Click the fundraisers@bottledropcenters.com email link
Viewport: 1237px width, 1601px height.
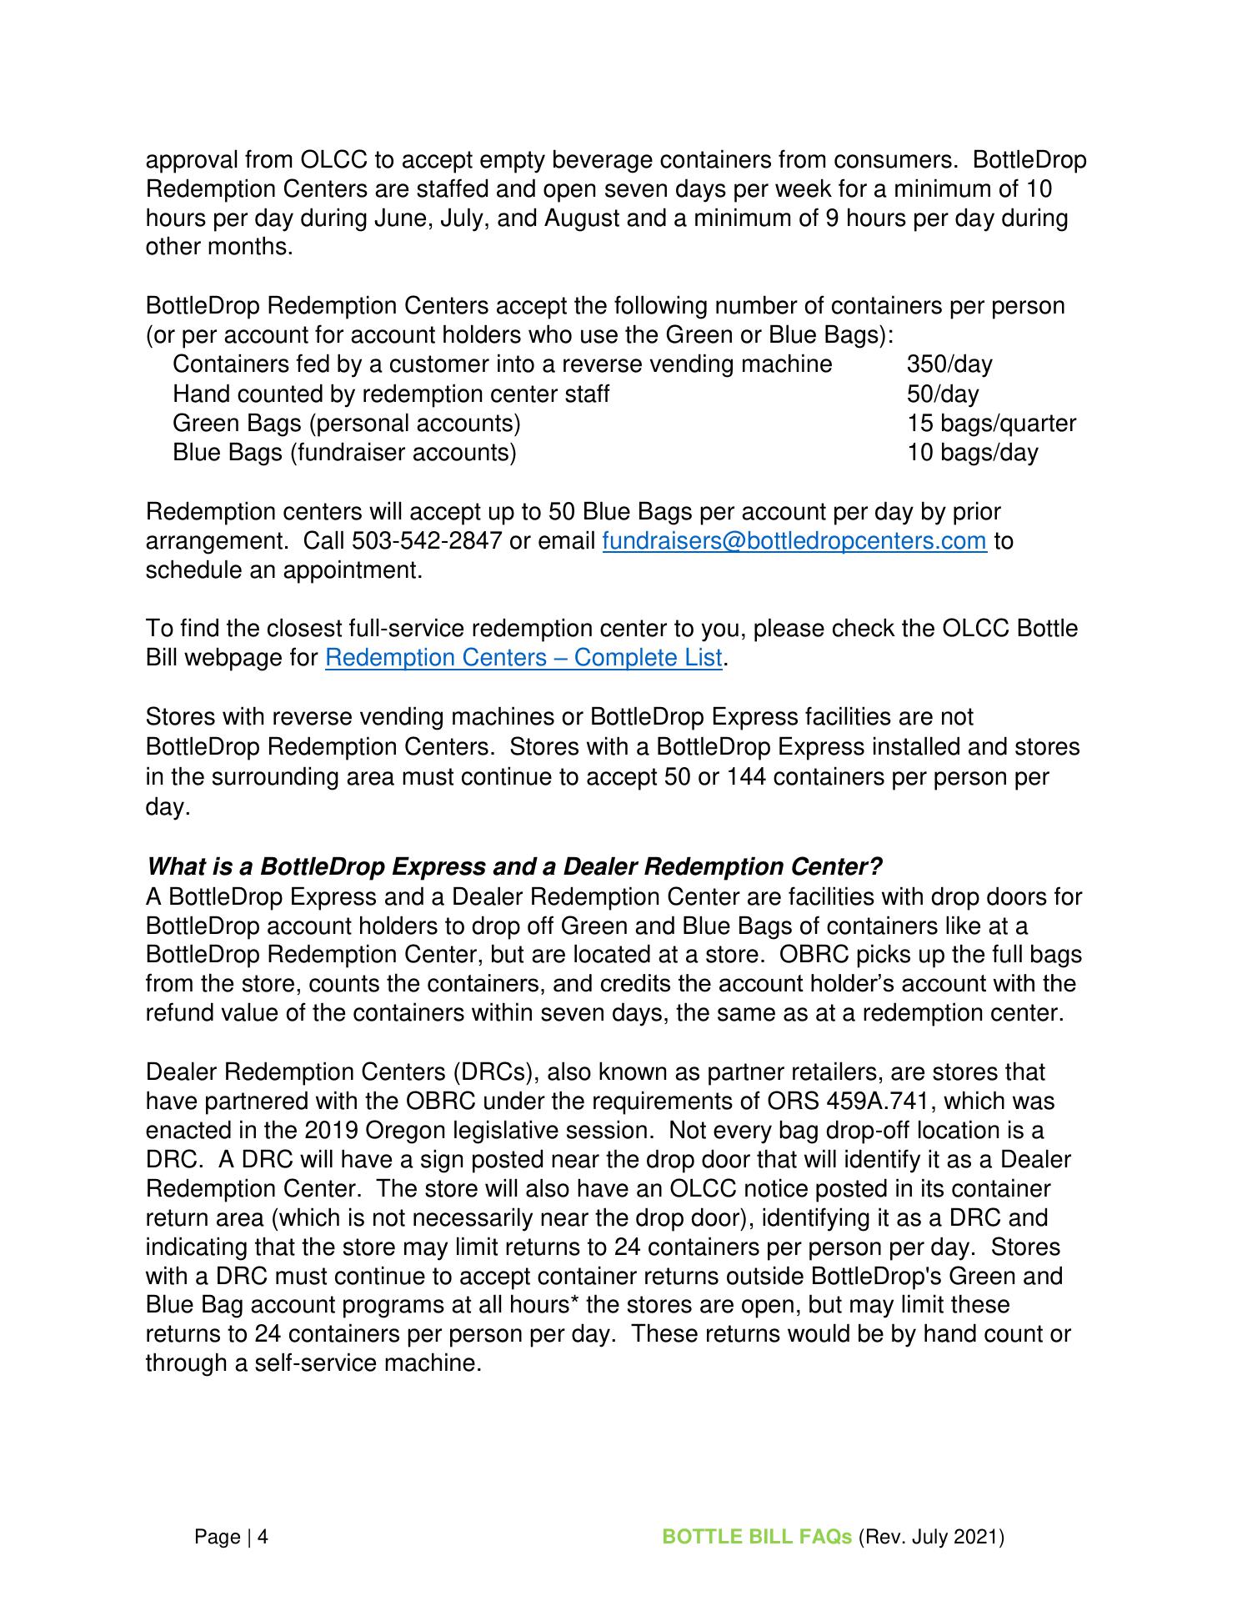[794, 541]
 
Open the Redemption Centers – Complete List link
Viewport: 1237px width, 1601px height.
[523, 658]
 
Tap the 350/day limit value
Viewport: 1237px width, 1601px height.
[949, 364]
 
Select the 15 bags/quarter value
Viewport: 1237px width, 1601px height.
[991, 424]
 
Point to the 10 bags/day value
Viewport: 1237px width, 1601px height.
[972, 453]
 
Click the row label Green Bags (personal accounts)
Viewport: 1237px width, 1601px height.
[346, 424]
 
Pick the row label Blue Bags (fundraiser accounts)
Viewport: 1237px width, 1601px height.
[344, 453]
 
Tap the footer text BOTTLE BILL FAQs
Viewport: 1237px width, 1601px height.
[756, 1537]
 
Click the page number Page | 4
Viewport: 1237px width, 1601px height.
[231, 1537]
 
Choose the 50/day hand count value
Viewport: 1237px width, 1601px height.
[943, 394]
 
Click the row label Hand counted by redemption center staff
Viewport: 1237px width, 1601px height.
[391, 394]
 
